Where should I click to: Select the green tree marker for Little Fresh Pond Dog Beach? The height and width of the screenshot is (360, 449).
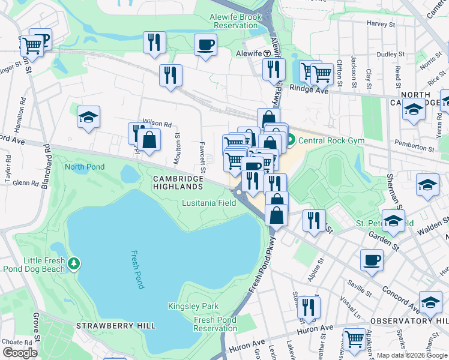(x=74, y=263)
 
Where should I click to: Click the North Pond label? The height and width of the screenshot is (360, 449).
(x=85, y=167)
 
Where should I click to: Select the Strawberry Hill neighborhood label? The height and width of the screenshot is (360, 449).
(x=116, y=326)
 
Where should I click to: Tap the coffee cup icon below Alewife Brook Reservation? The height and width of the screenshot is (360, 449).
(x=205, y=44)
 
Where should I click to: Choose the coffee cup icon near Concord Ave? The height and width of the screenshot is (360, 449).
(x=372, y=260)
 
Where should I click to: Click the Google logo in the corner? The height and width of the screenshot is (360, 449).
(x=20, y=352)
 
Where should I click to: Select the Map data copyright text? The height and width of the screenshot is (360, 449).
(x=412, y=355)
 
